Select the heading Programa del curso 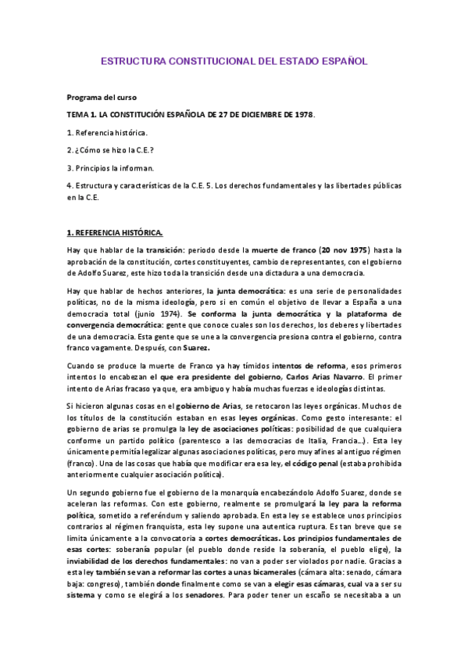coord(102,98)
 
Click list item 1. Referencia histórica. coord(107,132)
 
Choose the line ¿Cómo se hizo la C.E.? coord(113,150)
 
